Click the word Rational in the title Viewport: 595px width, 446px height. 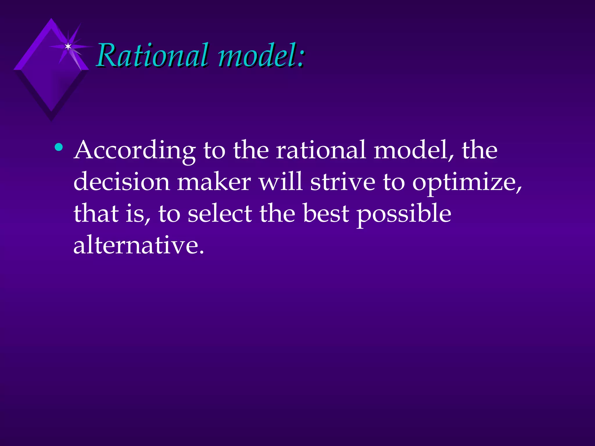(x=153, y=55)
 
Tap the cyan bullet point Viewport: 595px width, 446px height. (x=59, y=147)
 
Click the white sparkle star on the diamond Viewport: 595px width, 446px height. (x=68, y=46)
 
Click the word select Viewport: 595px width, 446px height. (x=220, y=214)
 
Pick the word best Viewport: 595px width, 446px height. (x=326, y=214)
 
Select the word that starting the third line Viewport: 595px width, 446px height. (x=96, y=214)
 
